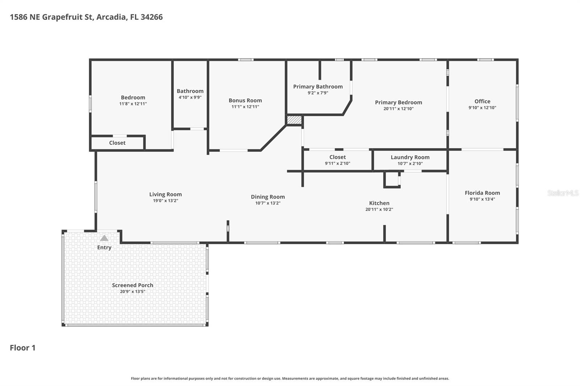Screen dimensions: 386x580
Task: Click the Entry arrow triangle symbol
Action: (x=104, y=238)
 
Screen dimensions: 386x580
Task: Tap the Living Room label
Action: (x=165, y=194)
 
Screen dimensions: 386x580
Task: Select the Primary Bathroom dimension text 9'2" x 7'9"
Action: (x=318, y=93)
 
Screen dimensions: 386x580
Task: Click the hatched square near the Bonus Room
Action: (x=294, y=120)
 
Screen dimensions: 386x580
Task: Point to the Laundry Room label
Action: (x=410, y=157)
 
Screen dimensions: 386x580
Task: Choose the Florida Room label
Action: (x=482, y=193)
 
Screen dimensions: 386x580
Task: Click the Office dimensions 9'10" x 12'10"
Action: (x=482, y=108)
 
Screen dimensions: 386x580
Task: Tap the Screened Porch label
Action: (x=132, y=285)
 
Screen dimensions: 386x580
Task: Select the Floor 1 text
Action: (x=22, y=348)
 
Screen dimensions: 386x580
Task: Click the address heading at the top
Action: (x=86, y=17)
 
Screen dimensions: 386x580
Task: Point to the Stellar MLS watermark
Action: (x=563, y=193)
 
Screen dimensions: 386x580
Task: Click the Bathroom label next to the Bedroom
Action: (x=190, y=91)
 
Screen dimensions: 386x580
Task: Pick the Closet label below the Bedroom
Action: (x=117, y=143)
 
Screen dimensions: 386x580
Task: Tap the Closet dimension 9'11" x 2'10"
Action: (x=337, y=163)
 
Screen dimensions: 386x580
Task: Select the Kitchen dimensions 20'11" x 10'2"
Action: (x=379, y=209)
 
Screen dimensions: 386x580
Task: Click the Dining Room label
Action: (x=268, y=197)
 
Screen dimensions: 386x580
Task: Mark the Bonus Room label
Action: (x=245, y=101)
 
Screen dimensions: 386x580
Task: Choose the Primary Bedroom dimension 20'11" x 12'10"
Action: (x=398, y=109)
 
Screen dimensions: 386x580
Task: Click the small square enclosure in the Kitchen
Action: (x=392, y=180)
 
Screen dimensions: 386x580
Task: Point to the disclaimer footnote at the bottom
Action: (x=290, y=378)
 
